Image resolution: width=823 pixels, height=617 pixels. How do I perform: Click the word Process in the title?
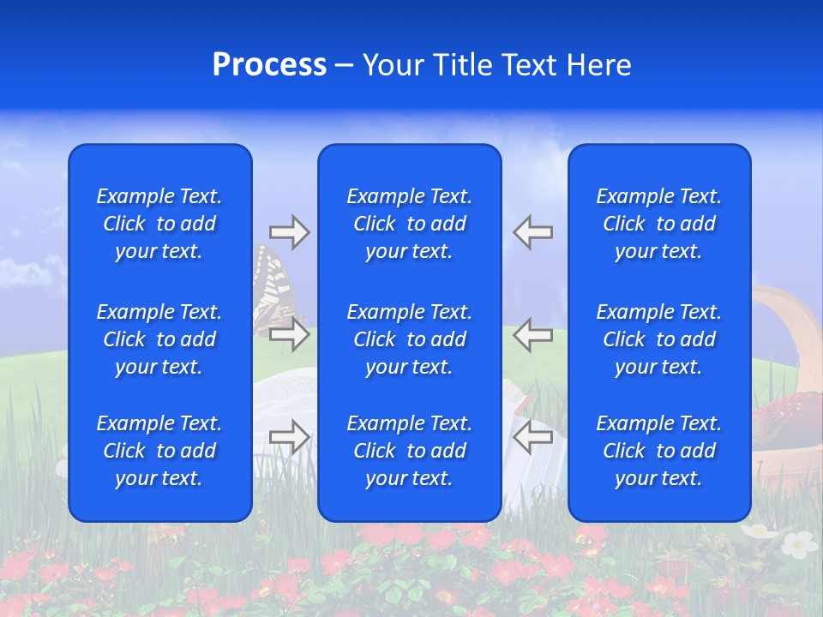pos(269,64)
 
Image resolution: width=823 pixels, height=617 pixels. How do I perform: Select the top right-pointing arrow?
pos(290,232)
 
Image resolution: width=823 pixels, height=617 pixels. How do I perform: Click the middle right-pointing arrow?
pos(290,333)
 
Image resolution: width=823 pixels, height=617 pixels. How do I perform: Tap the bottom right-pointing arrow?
pos(290,436)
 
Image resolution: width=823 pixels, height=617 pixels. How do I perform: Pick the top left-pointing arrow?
pos(532,232)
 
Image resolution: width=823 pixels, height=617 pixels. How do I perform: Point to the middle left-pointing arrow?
pos(532,333)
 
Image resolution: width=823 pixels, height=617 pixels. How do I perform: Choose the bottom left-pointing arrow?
pos(532,436)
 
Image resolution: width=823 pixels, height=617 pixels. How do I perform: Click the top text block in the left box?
pos(159,224)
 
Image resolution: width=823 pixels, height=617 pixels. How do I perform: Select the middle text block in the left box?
pos(159,339)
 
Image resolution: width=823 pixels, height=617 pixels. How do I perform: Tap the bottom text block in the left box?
pos(159,451)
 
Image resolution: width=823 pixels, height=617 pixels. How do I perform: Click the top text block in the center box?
pos(409,224)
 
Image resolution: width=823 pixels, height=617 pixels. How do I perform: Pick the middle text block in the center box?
pos(409,339)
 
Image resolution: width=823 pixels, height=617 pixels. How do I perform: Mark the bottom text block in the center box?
pos(409,451)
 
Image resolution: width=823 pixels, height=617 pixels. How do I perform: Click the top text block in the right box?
pos(658,224)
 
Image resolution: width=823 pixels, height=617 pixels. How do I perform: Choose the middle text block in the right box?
pos(658,339)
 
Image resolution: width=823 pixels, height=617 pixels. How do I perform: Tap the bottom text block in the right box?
pos(658,451)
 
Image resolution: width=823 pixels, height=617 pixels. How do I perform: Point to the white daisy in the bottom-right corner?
pos(799,543)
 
